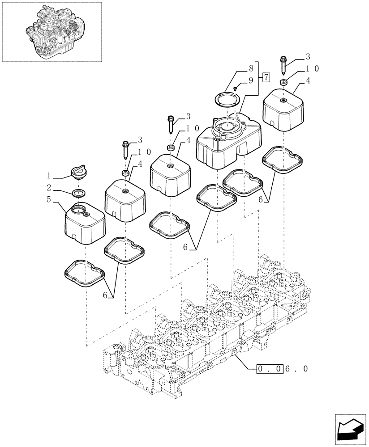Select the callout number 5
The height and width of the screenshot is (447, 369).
(x=49, y=199)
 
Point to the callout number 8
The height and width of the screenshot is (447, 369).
(x=251, y=70)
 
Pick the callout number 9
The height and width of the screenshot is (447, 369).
(x=251, y=80)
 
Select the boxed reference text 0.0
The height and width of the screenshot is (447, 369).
(x=270, y=369)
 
